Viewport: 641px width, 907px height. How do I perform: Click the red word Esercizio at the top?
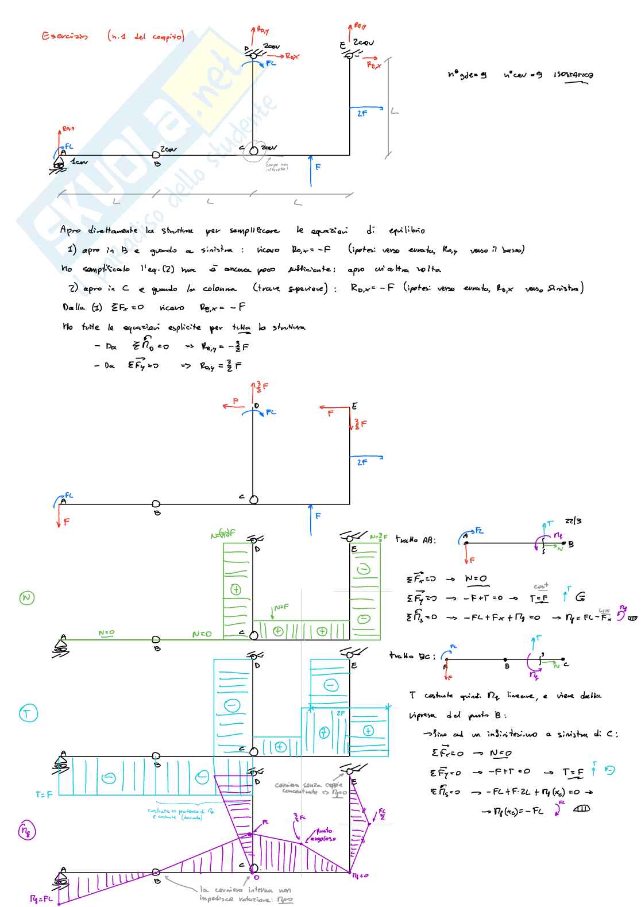(x=65, y=36)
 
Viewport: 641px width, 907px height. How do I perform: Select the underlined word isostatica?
(x=573, y=75)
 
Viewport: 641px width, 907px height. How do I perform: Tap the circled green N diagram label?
(x=26, y=598)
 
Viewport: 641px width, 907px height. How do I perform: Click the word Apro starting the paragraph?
(x=71, y=230)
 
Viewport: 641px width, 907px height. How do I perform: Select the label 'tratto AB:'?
(x=415, y=540)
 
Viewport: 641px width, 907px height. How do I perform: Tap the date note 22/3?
(x=573, y=521)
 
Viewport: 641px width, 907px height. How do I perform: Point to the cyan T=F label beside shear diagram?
(x=44, y=794)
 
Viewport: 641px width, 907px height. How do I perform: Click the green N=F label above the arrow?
(x=281, y=607)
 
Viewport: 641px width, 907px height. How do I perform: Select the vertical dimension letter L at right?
(x=395, y=111)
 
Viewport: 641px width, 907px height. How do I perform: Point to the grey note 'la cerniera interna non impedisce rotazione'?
(x=246, y=894)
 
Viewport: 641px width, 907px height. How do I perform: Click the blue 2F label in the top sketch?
(x=362, y=114)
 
